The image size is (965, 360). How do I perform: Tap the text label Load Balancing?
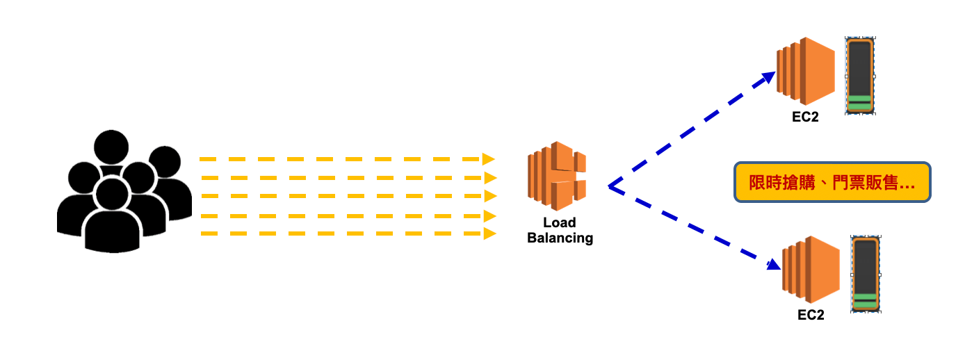point(560,230)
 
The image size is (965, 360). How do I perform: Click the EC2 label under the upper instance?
point(805,117)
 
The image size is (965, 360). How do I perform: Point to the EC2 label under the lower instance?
point(811,315)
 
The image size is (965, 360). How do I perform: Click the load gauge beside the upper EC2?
point(859,76)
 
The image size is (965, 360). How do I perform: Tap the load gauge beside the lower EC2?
point(866,274)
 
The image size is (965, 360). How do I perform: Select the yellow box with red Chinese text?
point(832,183)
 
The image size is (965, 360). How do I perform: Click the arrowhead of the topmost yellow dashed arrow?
point(489,159)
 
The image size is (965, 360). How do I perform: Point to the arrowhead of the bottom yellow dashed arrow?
point(489,234)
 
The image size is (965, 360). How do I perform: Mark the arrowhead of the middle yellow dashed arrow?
point(490,196)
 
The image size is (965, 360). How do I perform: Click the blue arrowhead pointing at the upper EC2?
point(768,76)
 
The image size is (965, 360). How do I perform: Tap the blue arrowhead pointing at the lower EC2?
point(772,264)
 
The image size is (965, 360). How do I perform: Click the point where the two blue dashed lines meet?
point(609,186)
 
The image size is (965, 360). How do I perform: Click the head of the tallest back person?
point(111,147)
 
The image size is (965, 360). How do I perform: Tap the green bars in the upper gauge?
point(859,103)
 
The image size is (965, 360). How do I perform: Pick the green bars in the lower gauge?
point(866,300)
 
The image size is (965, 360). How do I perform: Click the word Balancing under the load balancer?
point(560,238)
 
